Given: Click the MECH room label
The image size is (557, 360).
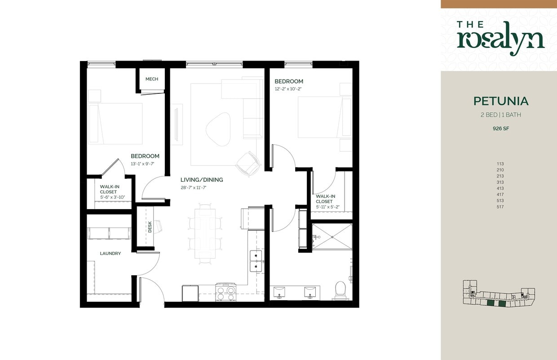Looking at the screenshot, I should (151, 79).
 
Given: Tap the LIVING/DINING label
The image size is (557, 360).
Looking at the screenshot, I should (202, 180).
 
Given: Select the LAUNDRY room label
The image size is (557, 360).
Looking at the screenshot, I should (110, 254).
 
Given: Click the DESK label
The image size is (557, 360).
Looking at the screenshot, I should (150, 228).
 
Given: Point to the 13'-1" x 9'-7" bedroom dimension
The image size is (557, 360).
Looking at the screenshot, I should (145, 163).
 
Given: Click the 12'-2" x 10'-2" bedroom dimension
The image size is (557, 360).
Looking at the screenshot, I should (288, 89).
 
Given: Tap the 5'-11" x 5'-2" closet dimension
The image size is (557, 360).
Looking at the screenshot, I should (327, 207).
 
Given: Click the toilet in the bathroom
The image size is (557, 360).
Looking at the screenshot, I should (340, 289).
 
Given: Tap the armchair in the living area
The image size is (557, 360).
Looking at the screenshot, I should (248, 164).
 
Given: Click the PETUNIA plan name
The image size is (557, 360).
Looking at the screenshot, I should (501, 101).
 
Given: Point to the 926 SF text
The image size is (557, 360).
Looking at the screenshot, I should (501, 128).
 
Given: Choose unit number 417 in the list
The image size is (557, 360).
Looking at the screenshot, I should (500, 194).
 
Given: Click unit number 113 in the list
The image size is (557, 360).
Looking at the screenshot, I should (500, 164).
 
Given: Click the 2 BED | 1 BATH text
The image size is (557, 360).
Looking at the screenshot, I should (501, 115).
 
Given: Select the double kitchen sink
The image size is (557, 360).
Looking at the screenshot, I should (256, 261).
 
